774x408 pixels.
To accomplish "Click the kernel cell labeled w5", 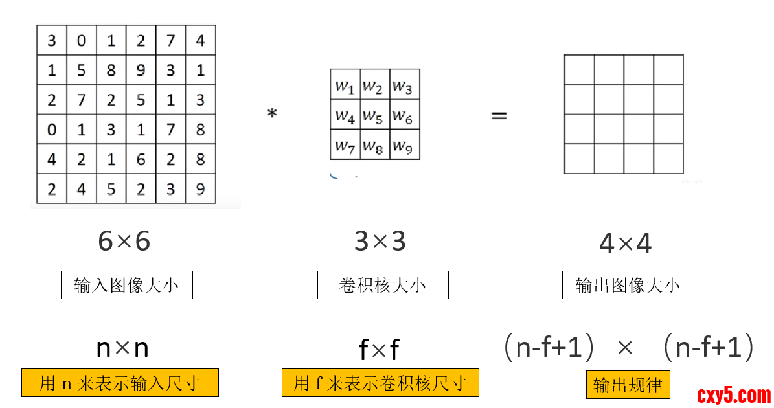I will (x=374, y=115).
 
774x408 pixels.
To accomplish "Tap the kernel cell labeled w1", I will (x=345, y=85).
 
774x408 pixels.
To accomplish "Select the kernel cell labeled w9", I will (x=404, y=145).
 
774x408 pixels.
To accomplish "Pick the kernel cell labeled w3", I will (x=404, y=85).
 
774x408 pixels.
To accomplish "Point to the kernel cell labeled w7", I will (x=345, y=145).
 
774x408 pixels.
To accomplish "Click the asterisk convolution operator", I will (x=272, y=115).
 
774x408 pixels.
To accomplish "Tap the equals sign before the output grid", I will (x=498, y=116).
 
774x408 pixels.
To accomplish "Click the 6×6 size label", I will (x=124, y=242).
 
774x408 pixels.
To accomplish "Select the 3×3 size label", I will (x=380, y=242).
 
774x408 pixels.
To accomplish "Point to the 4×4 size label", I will (x=625, y=244).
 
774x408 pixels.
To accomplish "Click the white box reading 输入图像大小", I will (x=127, y=285).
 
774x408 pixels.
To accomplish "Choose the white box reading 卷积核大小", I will (x=383, y=285).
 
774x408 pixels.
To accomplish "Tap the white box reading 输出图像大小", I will (x=628, y=285).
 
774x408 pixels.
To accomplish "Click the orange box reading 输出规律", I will (x=628, y=385).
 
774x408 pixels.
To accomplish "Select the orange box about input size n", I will (x=120, y=383).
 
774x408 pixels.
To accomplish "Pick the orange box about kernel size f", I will (x=380, y=383).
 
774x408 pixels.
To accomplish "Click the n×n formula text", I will (x=122, y=348).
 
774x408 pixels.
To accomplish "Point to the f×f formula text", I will (x=380, y=350).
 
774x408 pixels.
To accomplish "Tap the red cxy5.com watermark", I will (x=734, y=394).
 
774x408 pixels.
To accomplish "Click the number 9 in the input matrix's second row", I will (x=141, y=69).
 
